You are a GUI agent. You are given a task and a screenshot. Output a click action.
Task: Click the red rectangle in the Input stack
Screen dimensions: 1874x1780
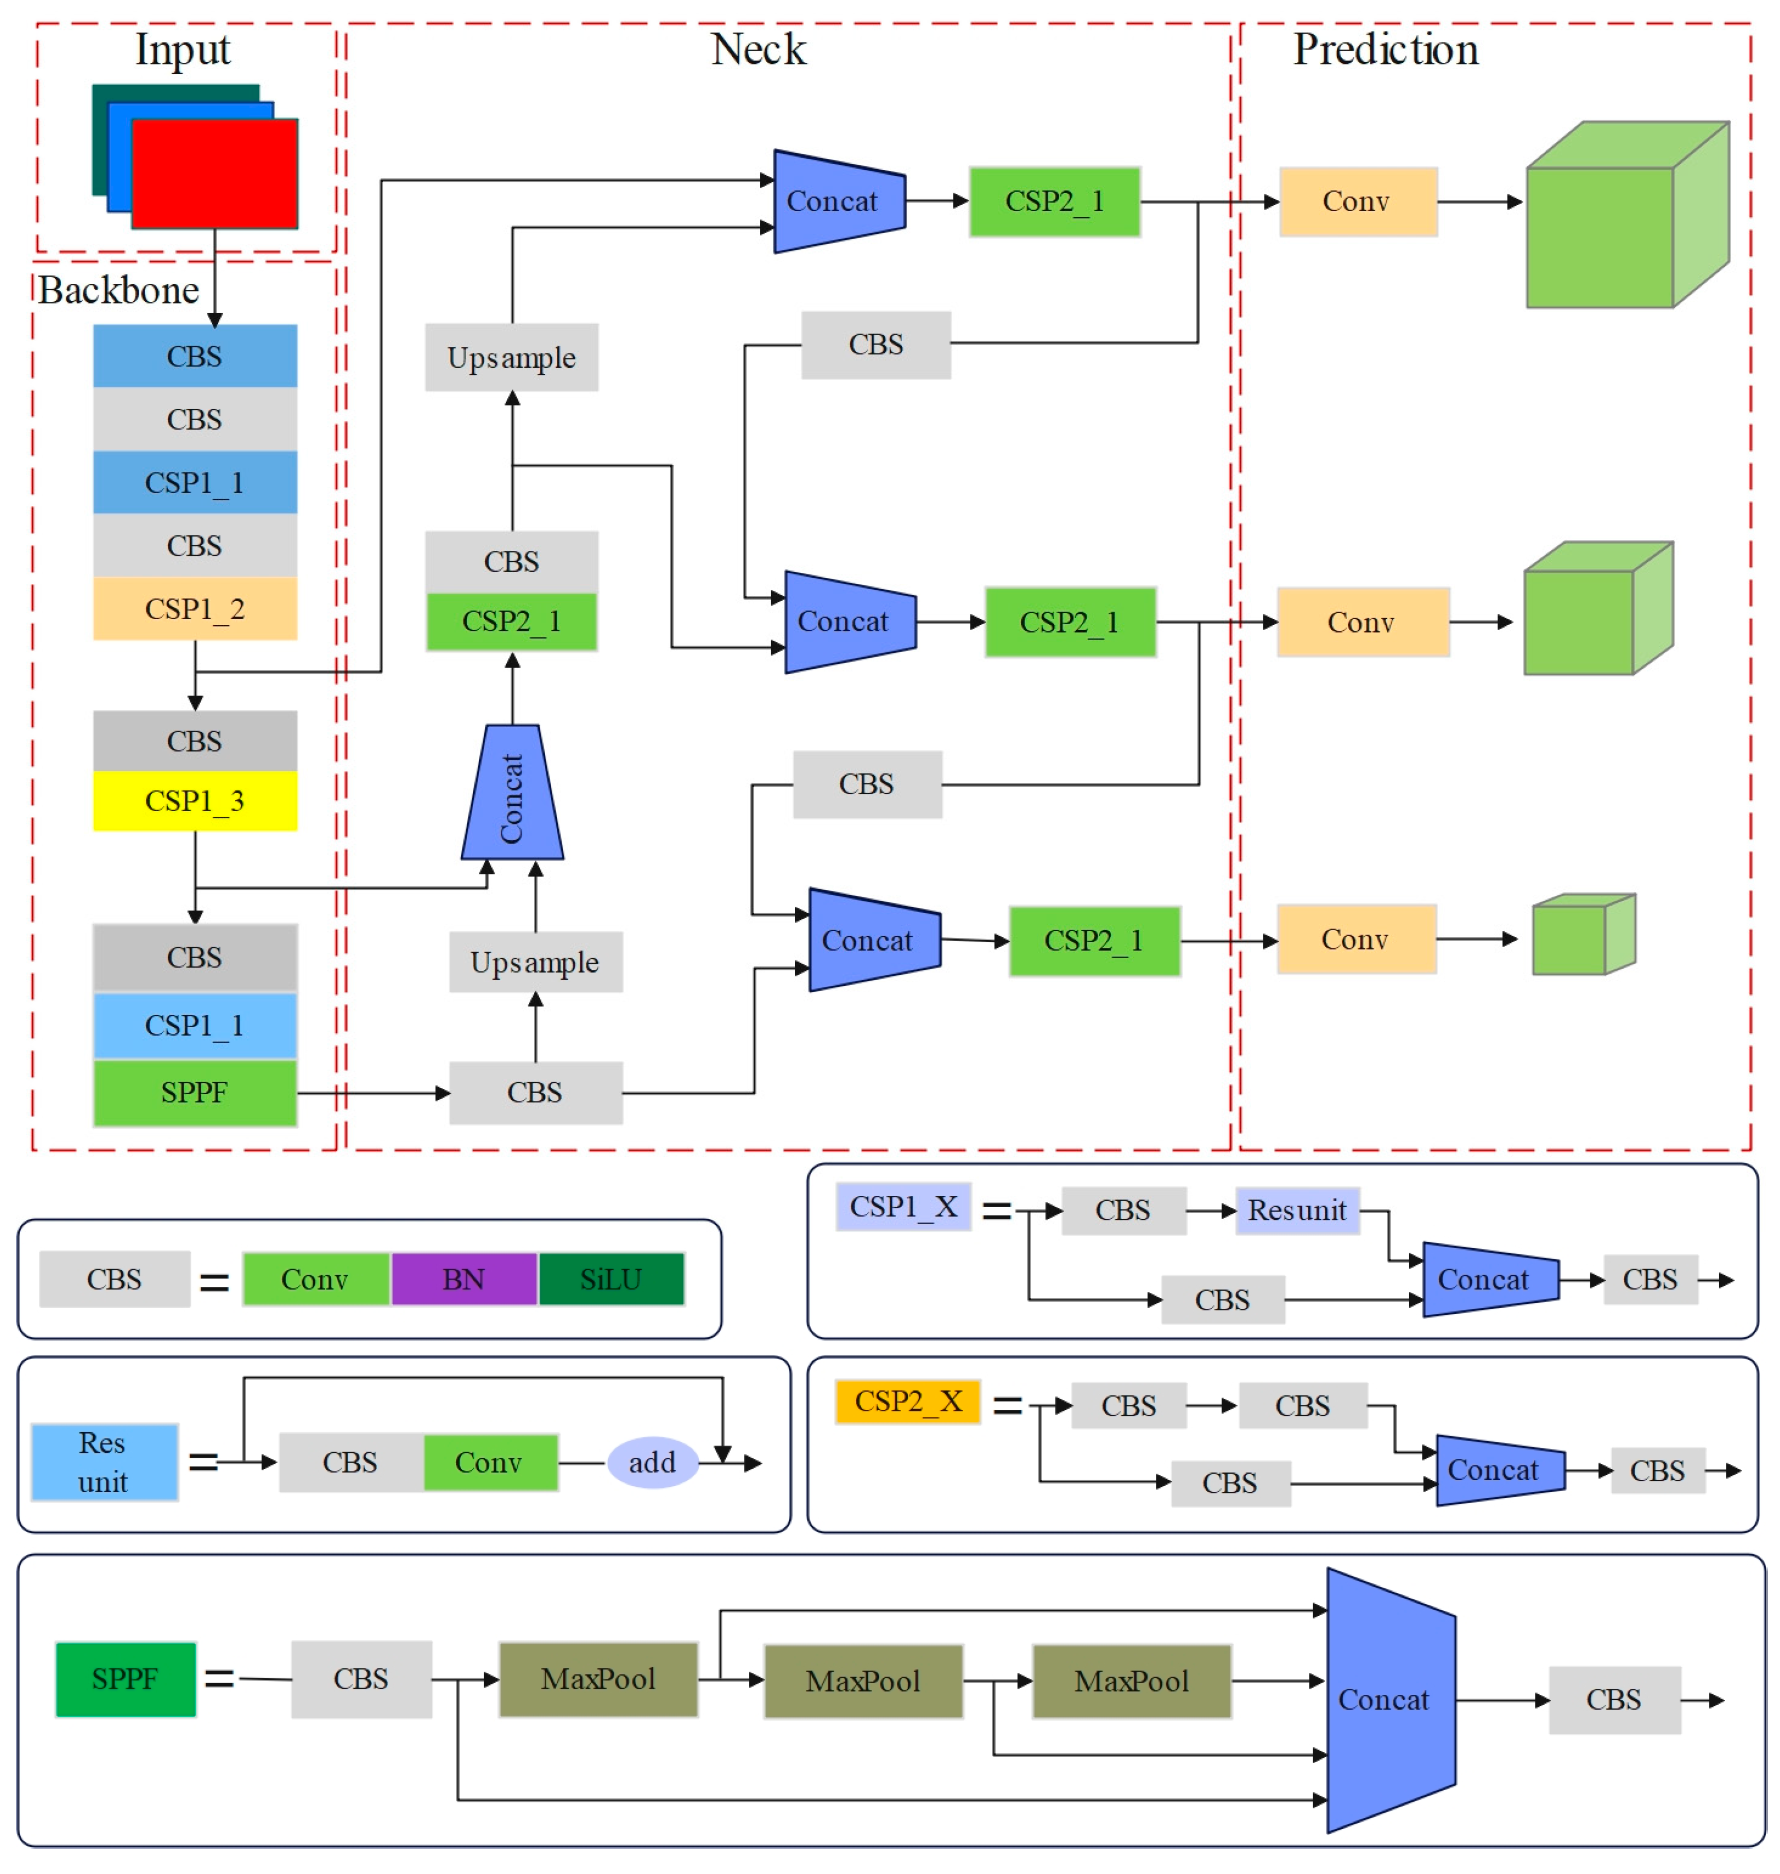coord(215,174)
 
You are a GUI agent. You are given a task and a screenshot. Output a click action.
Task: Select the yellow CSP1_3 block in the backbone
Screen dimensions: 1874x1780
coord(195,801)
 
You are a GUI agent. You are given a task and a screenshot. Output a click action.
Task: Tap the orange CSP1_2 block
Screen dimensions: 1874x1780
coord(195,608)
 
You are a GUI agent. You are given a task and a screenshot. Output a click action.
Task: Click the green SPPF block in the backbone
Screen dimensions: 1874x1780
coord(195,1092)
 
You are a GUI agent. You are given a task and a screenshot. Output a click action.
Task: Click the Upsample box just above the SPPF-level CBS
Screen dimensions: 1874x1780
coord(535,962)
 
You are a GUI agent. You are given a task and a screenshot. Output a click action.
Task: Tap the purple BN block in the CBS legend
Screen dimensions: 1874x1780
coord(464,1279)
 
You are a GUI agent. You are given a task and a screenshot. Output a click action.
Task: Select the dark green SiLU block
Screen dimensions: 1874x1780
coord(611,1279)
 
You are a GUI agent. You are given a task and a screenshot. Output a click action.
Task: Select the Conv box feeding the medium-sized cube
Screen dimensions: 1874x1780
coord(1361,622)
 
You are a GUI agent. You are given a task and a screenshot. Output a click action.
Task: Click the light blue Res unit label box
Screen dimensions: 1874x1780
coord(104,1462)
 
